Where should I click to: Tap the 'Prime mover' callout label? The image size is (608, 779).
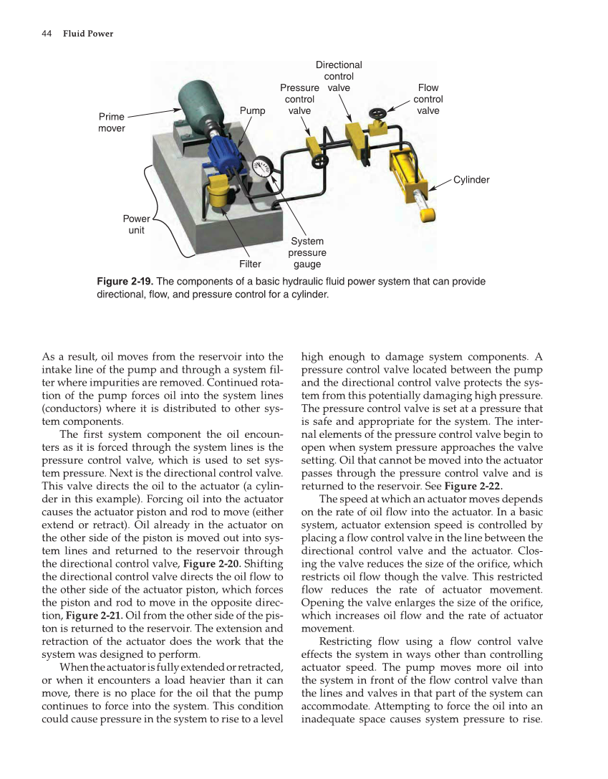(x=111, y=123)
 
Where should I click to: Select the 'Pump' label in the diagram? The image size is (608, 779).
(x=252, y=111)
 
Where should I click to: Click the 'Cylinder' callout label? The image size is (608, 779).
(x=471, y=180)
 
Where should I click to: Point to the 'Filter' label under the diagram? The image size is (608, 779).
(x=250, y=264)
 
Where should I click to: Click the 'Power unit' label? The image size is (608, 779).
(x=136, y=225)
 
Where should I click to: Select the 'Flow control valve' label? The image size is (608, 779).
(x=428, y=100)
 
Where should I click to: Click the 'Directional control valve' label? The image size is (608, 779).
(x=339, y=76)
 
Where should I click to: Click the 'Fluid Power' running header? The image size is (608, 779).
(x=87, y=34)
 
